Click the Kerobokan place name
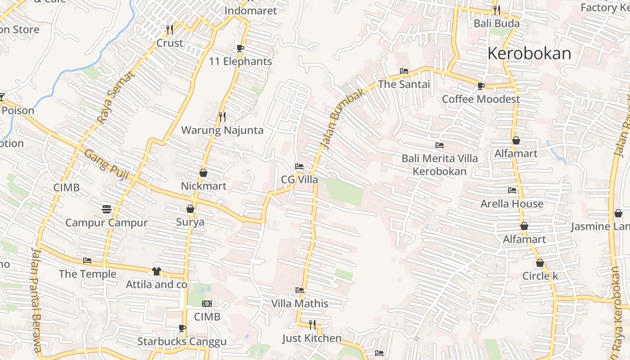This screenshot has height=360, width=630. pos(529,54)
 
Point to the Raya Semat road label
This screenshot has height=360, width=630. pos(116,98)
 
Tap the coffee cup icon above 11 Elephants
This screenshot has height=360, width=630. pos(240,49)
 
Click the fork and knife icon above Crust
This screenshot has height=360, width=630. pos(170,30)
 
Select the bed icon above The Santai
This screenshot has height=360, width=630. pos(404,71)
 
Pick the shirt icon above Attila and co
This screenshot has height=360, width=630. pos(156,271)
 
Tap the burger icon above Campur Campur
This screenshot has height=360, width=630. pos(107,209)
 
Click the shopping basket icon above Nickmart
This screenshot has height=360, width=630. pos(203,173)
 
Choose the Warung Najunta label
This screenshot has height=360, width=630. pos(222,130)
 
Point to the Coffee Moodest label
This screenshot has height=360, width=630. pos(481,99)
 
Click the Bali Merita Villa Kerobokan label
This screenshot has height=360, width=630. pos(440,165)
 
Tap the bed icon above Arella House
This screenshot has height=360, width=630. pos(512,190)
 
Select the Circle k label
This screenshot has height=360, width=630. pos(540,276)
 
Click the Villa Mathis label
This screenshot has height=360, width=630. pos(300,304)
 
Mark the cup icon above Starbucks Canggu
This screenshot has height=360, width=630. pos(182,328)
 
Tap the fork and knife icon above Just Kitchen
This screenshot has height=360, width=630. pos(312,324)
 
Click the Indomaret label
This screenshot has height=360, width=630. pos(250,11)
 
